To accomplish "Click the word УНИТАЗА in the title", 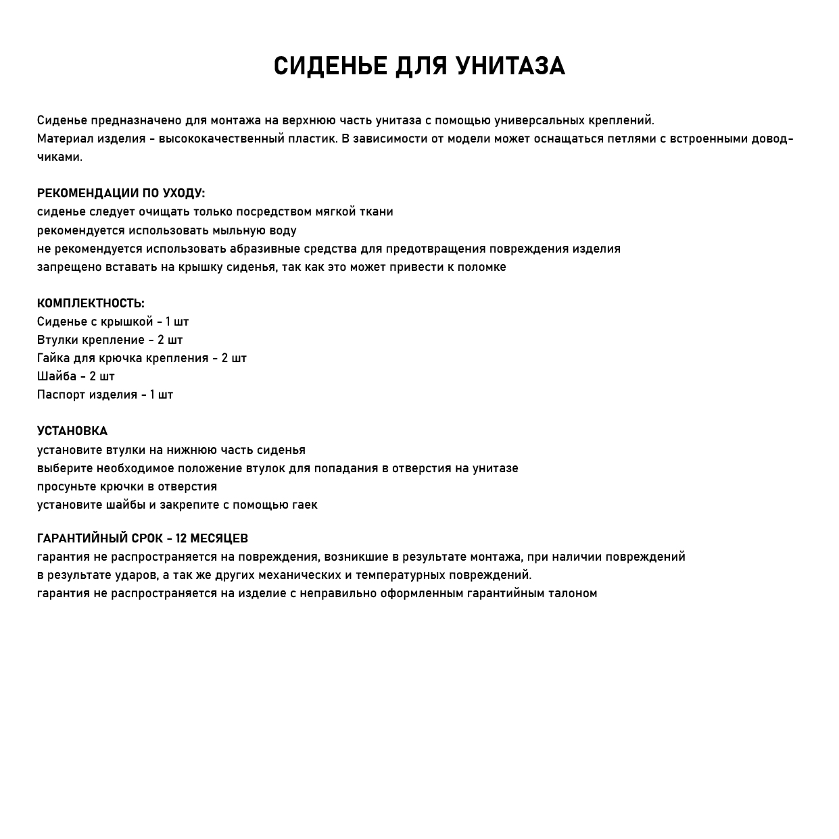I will click(x=510, y=66).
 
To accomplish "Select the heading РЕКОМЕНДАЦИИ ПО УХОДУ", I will click(x=120, y=193).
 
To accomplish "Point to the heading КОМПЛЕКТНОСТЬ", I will click(x=91, y=303).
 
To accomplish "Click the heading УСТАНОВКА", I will click(x=72, y=431).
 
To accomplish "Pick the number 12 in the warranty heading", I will click(x=181, y=538).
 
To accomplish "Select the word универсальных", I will click(x=540, y=121).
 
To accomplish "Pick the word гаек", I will click(x=304, y=505).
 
